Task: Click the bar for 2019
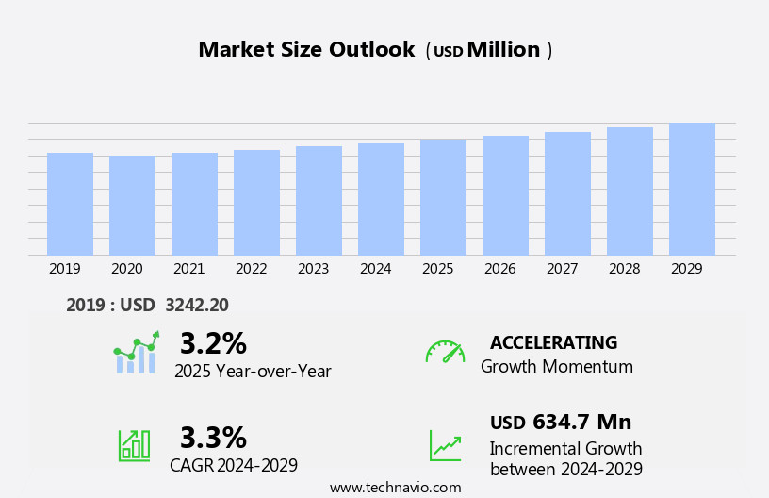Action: tap(70, 204)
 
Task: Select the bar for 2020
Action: tap(132, 206)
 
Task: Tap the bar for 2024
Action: tap(381, 199)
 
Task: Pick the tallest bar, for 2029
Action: tap(692, 189)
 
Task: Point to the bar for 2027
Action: tap(567, 193)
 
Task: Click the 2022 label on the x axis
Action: tap(251, 269)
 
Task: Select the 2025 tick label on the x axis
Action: tap(437, 269)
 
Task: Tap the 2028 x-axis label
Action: tap(624, 269)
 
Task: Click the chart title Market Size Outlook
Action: tap(306, 50)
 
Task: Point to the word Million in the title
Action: tap(503, 50)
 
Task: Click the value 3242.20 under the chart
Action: tap(196, 305)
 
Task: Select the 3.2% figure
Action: tap(213, 342)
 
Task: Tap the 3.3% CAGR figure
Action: tap(213, 438)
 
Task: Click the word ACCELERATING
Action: tap(553, 342)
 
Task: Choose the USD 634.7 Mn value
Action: tap(561, 422)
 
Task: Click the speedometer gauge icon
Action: tap(445, 352)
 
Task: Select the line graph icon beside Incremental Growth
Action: tap(445, 445)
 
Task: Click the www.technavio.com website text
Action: tap(395, 488)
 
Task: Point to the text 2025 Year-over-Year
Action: tap(253, 372)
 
